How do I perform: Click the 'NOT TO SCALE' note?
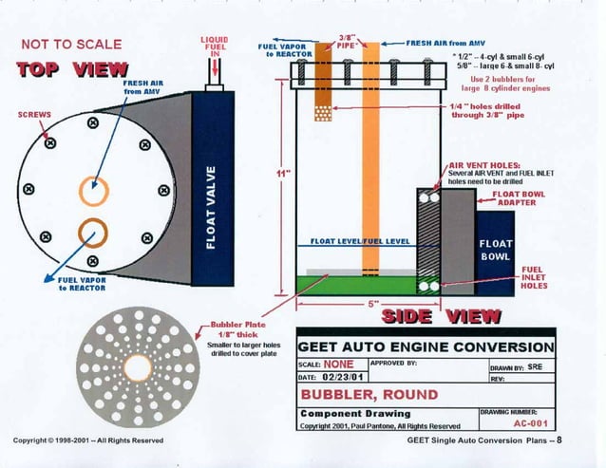71,44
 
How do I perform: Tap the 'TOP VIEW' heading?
73,68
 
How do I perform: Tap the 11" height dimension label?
282,174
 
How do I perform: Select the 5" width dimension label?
373,305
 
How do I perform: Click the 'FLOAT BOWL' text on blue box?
495,249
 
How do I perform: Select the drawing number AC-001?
526,424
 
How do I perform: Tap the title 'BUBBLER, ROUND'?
369,394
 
